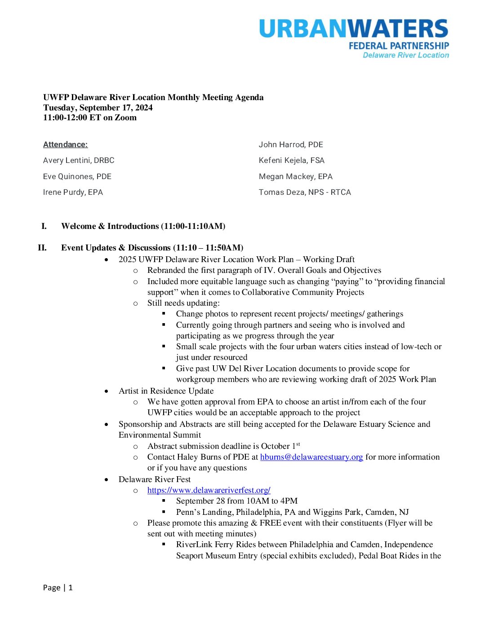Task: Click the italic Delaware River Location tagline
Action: tap(405, 55)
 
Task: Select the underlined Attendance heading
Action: tap(65, 145)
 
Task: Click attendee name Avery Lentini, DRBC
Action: tap(79, 160)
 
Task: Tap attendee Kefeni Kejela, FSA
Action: tap(291, 160)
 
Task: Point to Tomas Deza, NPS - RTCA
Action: tap(305, 192)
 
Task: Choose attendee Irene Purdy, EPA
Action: tap(73, 192)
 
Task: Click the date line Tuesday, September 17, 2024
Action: tap(98, 108)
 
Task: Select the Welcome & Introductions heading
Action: tap(143, 226)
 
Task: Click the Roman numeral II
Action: tap(42, 248)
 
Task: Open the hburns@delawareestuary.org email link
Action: tap(311, 457)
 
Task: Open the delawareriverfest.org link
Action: tap(209, 490)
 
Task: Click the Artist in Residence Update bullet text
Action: tap(166, 391)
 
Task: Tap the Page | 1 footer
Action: tap(58, 588)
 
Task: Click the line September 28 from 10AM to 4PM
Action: tap(236, 501)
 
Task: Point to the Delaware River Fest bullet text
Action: tap(155, 479)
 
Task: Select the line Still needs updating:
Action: tap(183, 303)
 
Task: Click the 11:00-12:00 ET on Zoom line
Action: tap(90, 118)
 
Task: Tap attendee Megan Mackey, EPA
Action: tap(295, 176)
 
